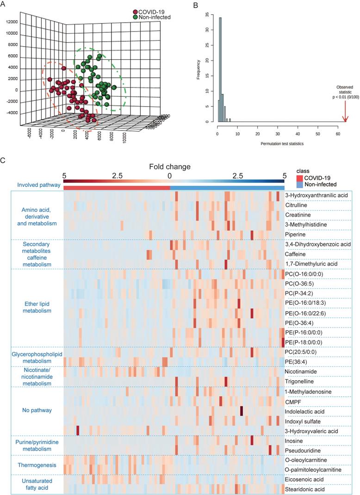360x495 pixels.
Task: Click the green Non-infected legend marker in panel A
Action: tap(136, 17)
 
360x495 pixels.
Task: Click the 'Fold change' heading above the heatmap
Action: tap(170, 165)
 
